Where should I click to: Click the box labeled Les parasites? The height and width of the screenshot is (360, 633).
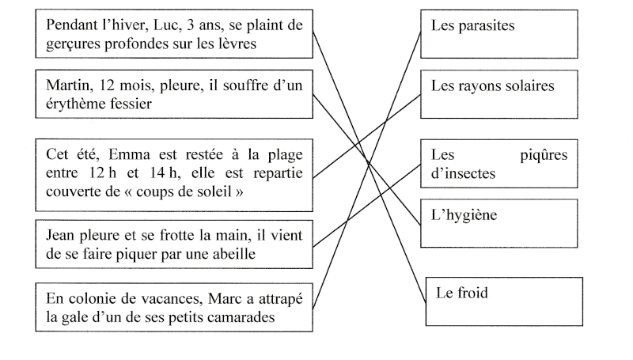click(499, 34)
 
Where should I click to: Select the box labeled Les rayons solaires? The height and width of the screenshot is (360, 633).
click(499, 94)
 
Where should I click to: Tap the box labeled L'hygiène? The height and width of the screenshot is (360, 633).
click(499, 223)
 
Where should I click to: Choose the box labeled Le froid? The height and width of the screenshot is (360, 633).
click(504, 301)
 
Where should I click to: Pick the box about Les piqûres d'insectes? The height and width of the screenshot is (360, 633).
click(499, 164)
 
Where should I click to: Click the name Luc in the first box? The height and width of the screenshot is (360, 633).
click(164, 25)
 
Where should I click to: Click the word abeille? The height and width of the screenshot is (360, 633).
click(233, 254)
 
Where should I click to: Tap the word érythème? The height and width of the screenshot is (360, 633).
click(70, 104)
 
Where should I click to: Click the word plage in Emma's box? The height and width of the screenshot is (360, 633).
click(285, 155)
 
